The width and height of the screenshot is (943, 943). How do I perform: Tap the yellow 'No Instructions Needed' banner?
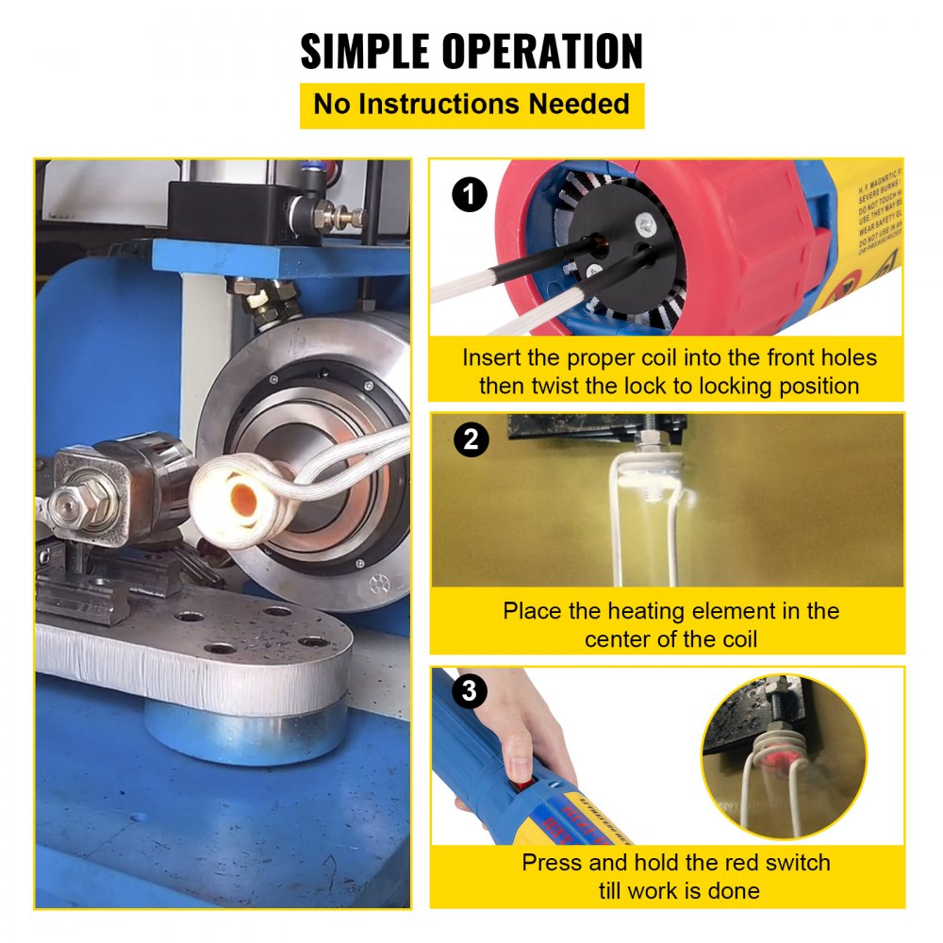click(471, 104)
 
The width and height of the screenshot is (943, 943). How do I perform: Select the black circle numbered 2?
click(471, 439)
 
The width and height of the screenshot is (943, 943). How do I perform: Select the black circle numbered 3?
click(471, 693)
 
